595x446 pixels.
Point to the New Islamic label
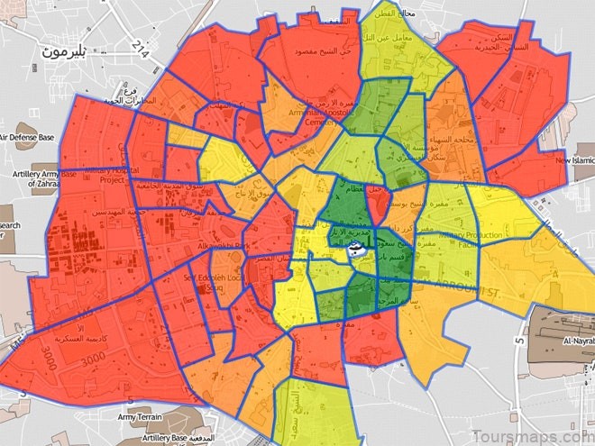pos(568,160)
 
